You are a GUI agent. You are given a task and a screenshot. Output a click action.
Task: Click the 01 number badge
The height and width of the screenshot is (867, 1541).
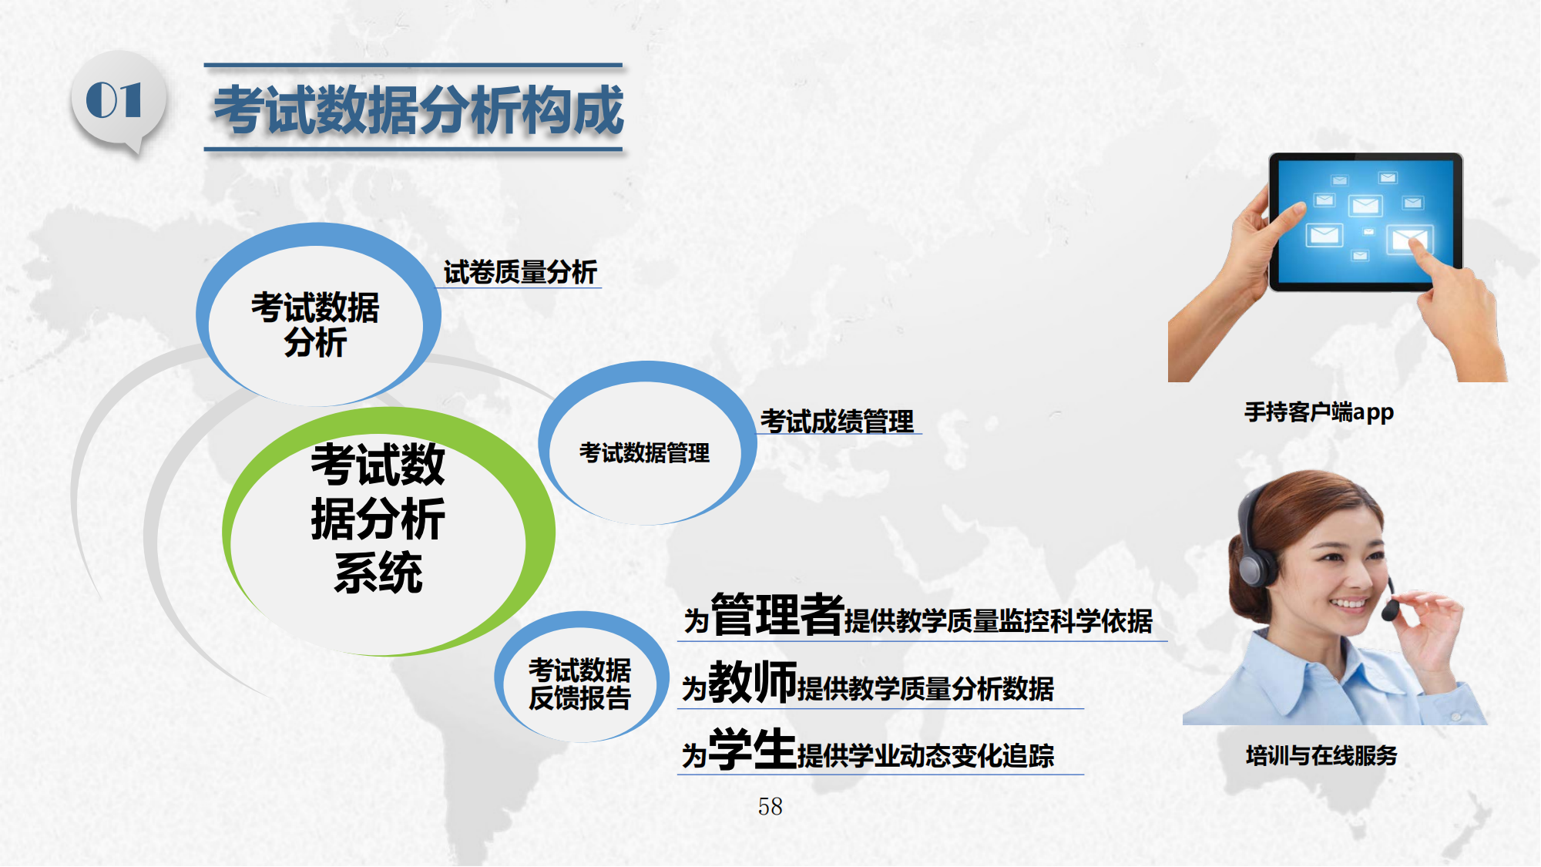117,102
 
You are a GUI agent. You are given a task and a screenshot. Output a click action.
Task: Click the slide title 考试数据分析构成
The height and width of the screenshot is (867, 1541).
418,109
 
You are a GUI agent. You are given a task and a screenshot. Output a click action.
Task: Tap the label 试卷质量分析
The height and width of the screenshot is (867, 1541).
520,272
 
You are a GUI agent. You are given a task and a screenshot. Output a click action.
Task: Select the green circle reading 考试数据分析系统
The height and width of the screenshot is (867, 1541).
388,531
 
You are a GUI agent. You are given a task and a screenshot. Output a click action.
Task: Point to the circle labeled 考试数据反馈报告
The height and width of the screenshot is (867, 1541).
582,677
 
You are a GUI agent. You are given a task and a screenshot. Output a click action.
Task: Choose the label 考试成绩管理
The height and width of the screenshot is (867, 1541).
837,422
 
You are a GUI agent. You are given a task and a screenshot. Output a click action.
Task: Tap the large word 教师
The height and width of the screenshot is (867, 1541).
752,682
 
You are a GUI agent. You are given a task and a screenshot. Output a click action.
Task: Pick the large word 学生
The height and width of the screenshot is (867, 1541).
752,749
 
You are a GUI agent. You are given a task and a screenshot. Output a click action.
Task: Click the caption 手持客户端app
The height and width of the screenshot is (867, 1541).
1319,412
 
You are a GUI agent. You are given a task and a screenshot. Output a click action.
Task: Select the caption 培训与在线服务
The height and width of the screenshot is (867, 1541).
1321,755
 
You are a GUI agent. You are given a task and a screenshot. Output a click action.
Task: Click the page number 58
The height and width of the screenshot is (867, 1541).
770,806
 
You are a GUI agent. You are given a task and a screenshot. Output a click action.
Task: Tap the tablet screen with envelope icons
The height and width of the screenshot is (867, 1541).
1365,221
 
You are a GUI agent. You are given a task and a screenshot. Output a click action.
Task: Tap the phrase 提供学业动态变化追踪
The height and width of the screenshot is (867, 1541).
925,756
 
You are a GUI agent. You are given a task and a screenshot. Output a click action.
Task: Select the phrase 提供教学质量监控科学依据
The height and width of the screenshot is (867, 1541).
999,621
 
